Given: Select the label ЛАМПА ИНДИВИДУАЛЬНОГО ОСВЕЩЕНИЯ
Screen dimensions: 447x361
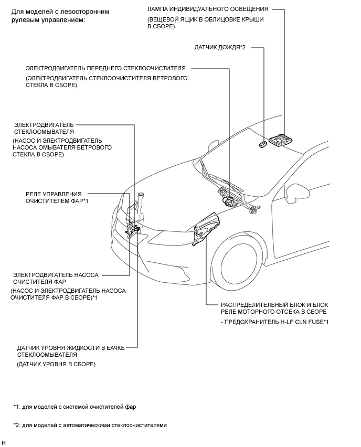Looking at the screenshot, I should (x=208, y=9).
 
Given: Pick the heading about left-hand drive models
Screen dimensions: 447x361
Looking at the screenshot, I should (x=49, y=15).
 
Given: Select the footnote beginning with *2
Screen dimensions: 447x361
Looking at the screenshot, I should (x=90, y=425).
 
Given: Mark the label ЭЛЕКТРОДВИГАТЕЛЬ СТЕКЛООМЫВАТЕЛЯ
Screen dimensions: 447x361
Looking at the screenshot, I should (x=44, y=128).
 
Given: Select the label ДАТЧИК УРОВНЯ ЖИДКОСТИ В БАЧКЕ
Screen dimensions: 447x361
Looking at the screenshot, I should (x=70, y=347).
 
